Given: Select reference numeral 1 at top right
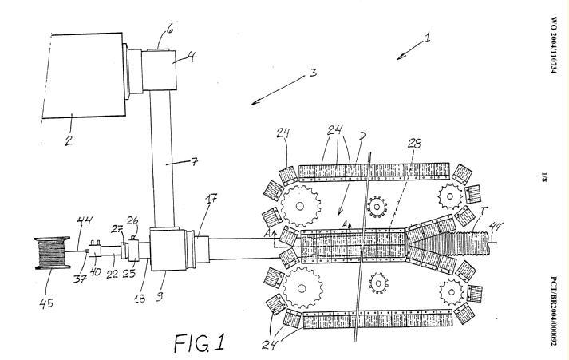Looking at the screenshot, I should [429, 36].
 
